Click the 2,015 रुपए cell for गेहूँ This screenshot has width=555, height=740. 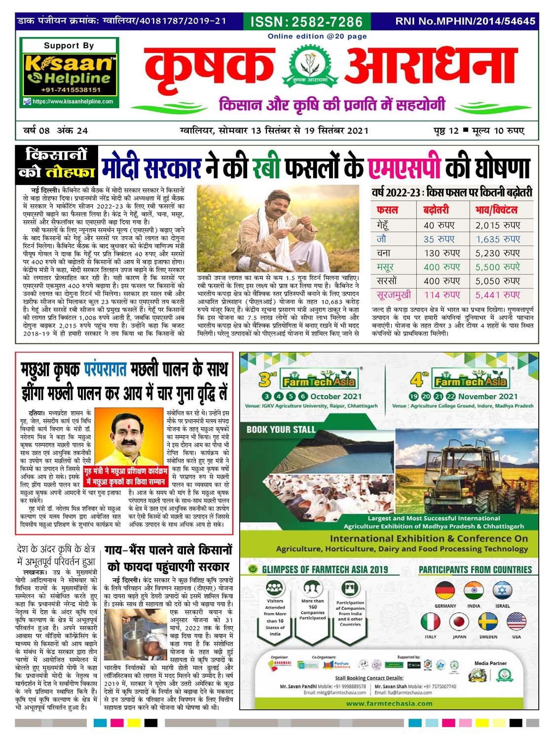tap(498, 225)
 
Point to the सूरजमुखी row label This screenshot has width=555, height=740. tap(394, 295)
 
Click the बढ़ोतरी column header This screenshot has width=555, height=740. tap(436, 210)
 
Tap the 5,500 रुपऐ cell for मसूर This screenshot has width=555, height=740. tap(498, 267)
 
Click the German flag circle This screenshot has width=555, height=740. tap(445, 591)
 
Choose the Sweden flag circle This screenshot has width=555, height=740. tap(488, 622)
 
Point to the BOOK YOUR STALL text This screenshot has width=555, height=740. tap(281, 429)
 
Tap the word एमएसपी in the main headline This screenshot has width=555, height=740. tap(405, 168)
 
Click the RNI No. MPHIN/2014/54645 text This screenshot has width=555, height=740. tap(465, 21)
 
